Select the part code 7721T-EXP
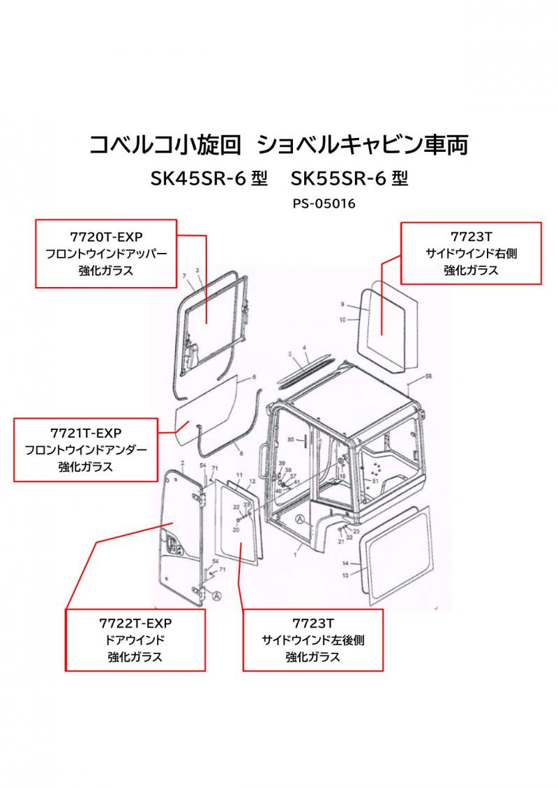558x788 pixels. (x=86, y=433)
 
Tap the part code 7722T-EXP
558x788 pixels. (x=135, y=623)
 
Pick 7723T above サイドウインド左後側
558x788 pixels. (x=312, y=623)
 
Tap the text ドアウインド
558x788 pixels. (x=135, y=640)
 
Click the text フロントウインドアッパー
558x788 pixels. (x=105, y=254)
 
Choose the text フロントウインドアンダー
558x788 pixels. (x=86, y=450)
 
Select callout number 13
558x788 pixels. (x=345, y=575)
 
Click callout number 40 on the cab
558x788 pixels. (x=279, y=490)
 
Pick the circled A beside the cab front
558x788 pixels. (x=300, y=518)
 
